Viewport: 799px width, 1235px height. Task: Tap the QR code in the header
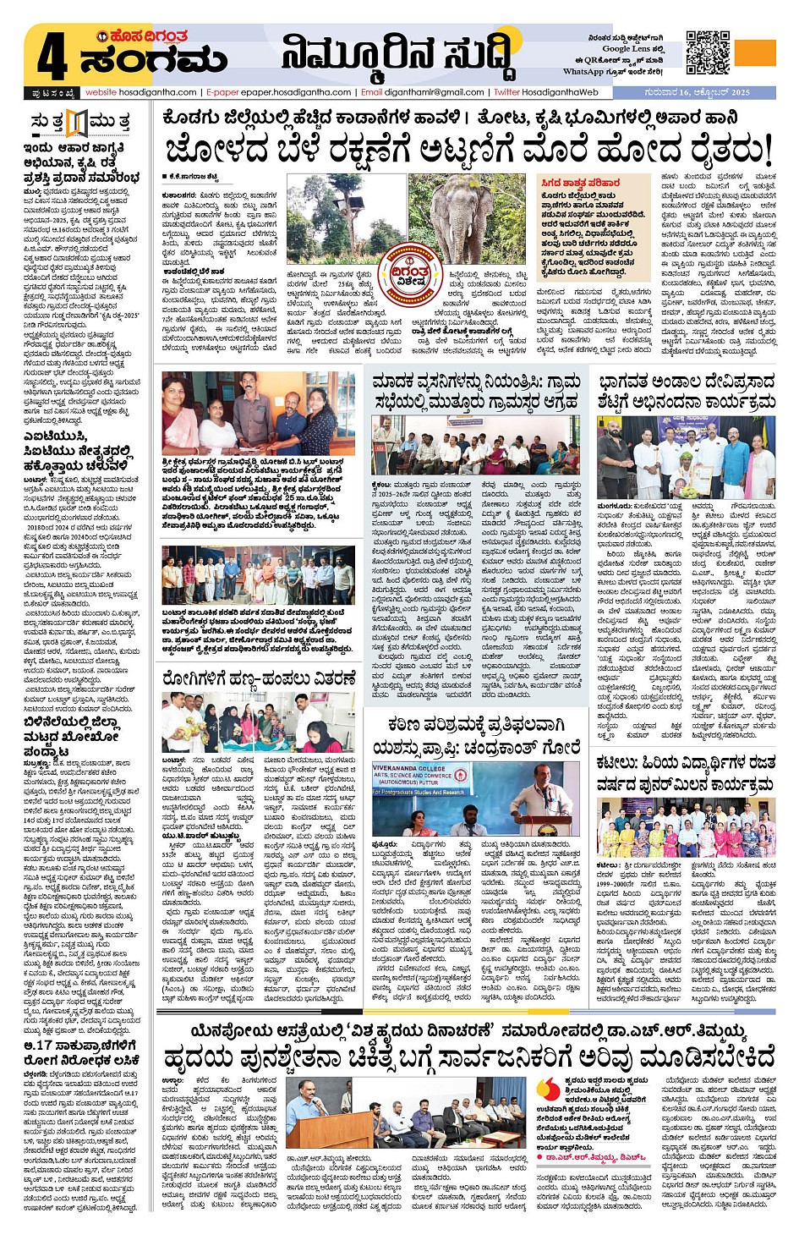point(708,52)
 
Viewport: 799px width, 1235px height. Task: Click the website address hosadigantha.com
point(141,92)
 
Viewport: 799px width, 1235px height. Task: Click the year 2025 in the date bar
point(740,92)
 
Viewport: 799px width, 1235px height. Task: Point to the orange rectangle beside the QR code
point(755,52)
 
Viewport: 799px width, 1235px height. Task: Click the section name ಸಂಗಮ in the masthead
point(153,60)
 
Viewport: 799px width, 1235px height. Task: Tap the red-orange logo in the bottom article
point(548,1090)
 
